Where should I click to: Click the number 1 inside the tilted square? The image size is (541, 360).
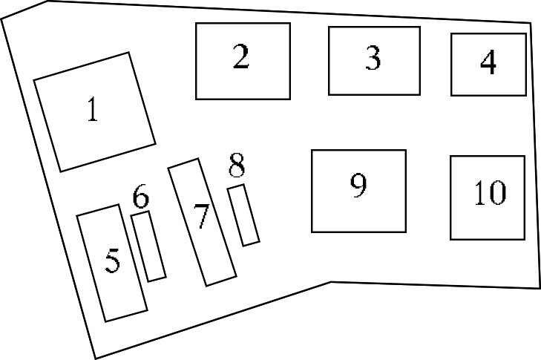click(92, 110)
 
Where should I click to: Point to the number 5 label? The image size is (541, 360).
click(112, 261)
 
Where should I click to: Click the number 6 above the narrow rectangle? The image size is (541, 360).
click(141, 198)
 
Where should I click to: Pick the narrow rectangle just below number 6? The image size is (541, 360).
click(148, 246)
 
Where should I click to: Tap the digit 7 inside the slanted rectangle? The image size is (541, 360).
click(201, 216)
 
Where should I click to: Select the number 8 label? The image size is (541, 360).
click(237, 167)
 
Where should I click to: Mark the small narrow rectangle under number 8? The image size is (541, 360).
click(243, 215)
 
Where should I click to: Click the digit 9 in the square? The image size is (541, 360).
click(359, 186)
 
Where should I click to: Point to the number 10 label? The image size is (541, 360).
click(490, 192)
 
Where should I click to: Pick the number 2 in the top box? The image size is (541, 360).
click(240, 57)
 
